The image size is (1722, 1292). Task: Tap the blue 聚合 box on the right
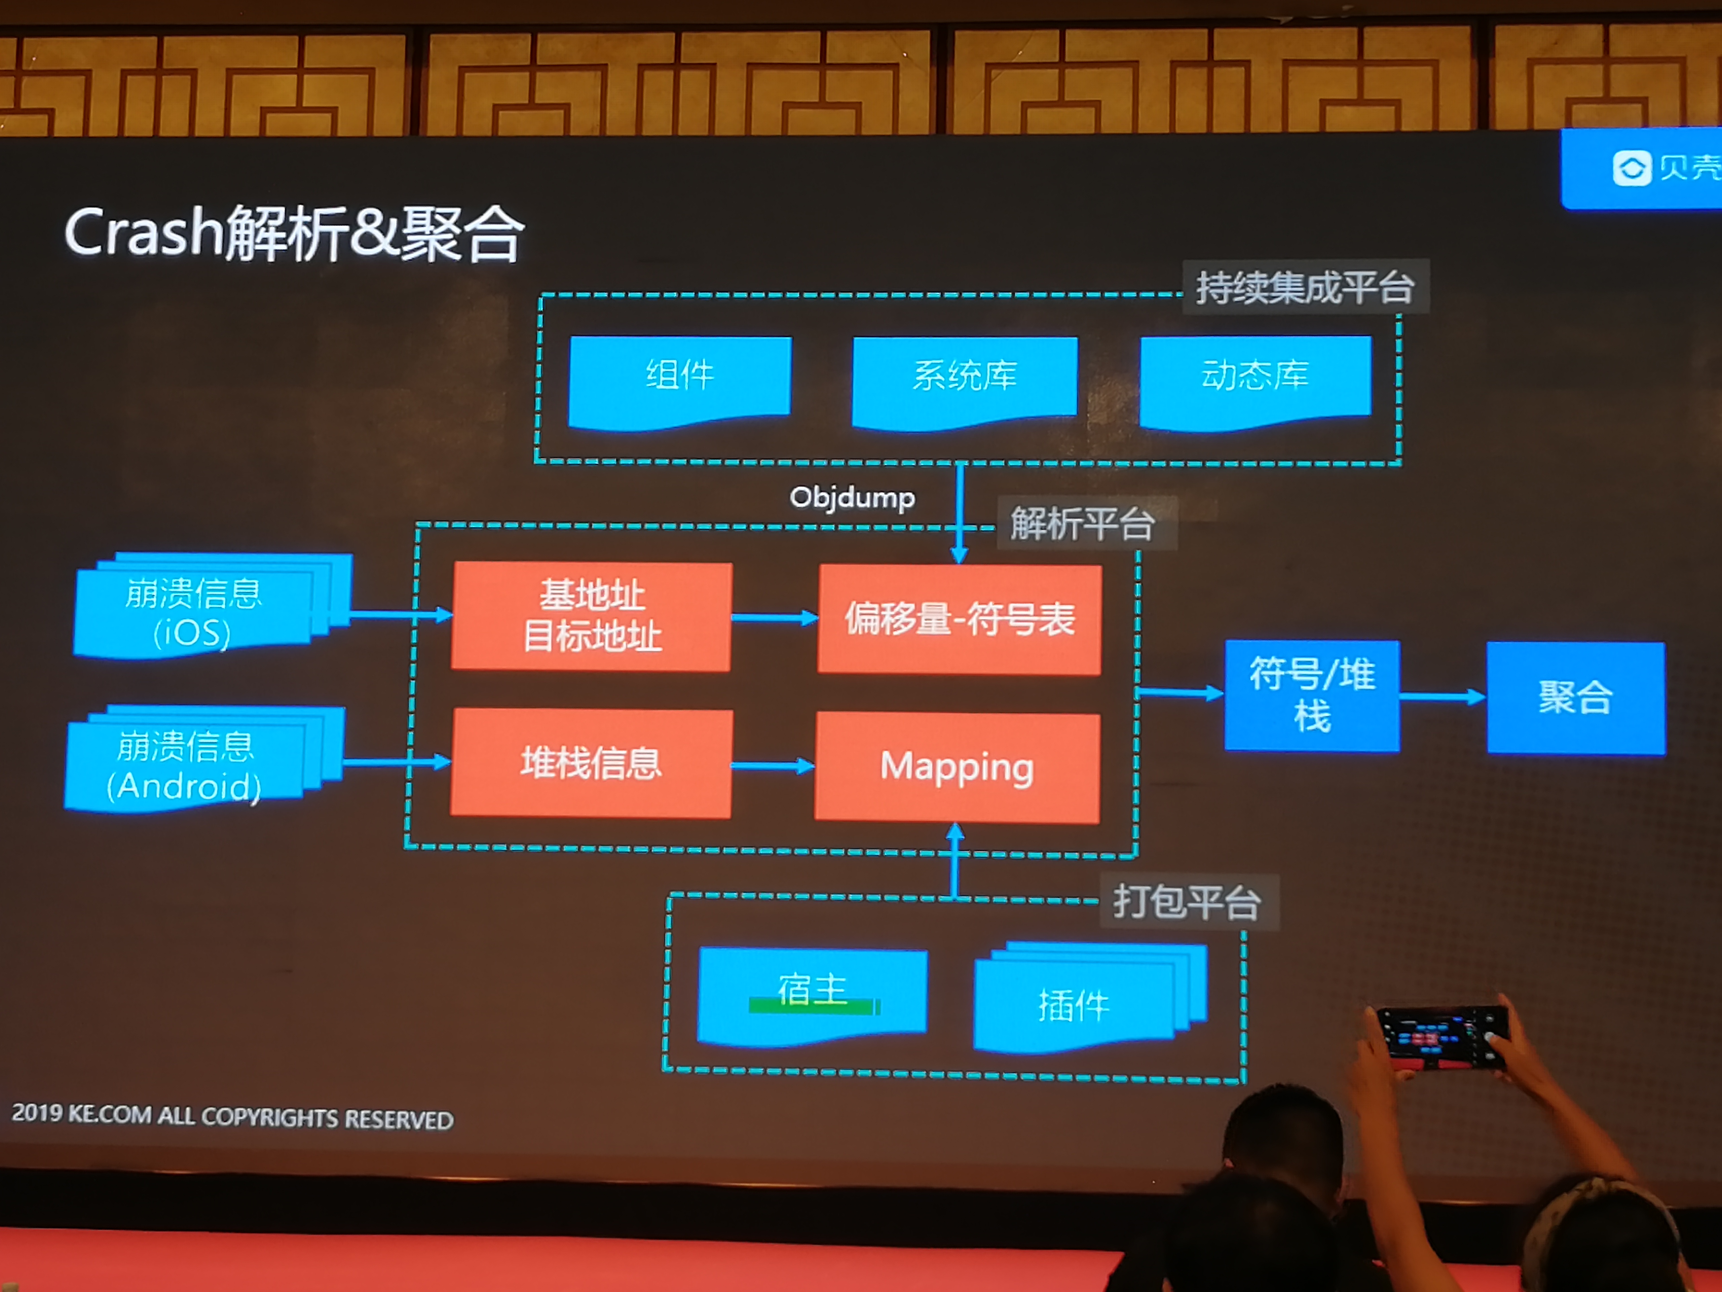click(1576, 698)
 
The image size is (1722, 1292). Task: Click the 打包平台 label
click(1188, 902)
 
